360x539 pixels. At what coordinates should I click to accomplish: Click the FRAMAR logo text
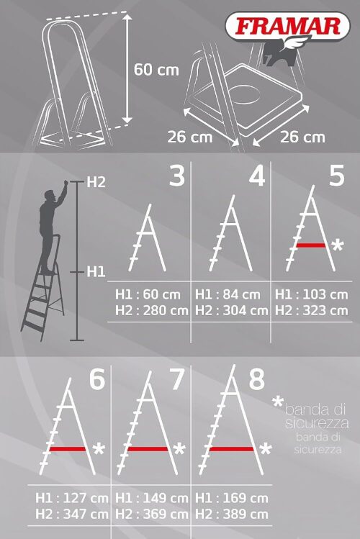[x=288, y=27]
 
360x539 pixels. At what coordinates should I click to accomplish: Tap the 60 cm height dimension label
[x=156, y=70]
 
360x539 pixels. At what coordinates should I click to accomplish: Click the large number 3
[x=177, y=176]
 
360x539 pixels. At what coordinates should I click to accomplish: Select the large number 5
[x=336, y=176]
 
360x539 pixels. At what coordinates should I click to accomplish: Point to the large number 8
[x=257, y=379]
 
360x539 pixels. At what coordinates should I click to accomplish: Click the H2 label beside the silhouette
[x=96, y=182]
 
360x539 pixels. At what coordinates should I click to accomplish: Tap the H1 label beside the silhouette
[x=96, y=272]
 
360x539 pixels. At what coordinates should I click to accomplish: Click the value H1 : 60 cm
[x=148, y=294]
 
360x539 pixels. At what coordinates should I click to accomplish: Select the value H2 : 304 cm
[x=231, y=311]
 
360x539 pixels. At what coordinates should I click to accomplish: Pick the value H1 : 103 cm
[x=312, y=294]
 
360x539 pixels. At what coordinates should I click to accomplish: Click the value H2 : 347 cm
[x=72, y=515]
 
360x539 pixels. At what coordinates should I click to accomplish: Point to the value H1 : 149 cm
[x=152, y=498]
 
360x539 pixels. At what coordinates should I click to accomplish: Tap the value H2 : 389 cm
[x=231, y=515]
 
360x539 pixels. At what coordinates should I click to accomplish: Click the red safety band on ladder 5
[x=311, y=245]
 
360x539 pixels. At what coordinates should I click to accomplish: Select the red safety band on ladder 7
[x=148, y=448]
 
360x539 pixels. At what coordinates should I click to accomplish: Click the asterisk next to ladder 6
[x=99, y=449]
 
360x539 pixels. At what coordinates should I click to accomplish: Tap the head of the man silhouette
[x=50, y=195]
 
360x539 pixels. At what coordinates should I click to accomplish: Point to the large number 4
[x=257, y=176]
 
